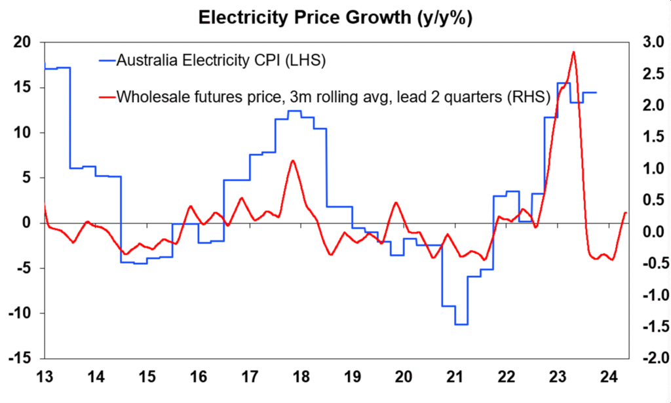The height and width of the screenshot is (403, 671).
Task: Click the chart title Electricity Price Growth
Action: coord(335,17)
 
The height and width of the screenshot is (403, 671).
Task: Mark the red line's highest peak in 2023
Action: coord(573,52)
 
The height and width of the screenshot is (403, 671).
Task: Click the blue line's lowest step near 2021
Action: coord(461,324)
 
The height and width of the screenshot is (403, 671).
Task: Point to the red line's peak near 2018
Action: coord(293,161)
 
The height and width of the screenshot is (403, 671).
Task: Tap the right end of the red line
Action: coord(626,212)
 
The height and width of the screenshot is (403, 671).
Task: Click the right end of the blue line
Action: coord(596,92)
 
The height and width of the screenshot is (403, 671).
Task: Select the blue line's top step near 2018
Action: coord(294,111)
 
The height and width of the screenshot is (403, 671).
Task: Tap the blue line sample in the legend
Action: coord(105,61)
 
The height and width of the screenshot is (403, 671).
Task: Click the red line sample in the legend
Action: coord(105,97)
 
